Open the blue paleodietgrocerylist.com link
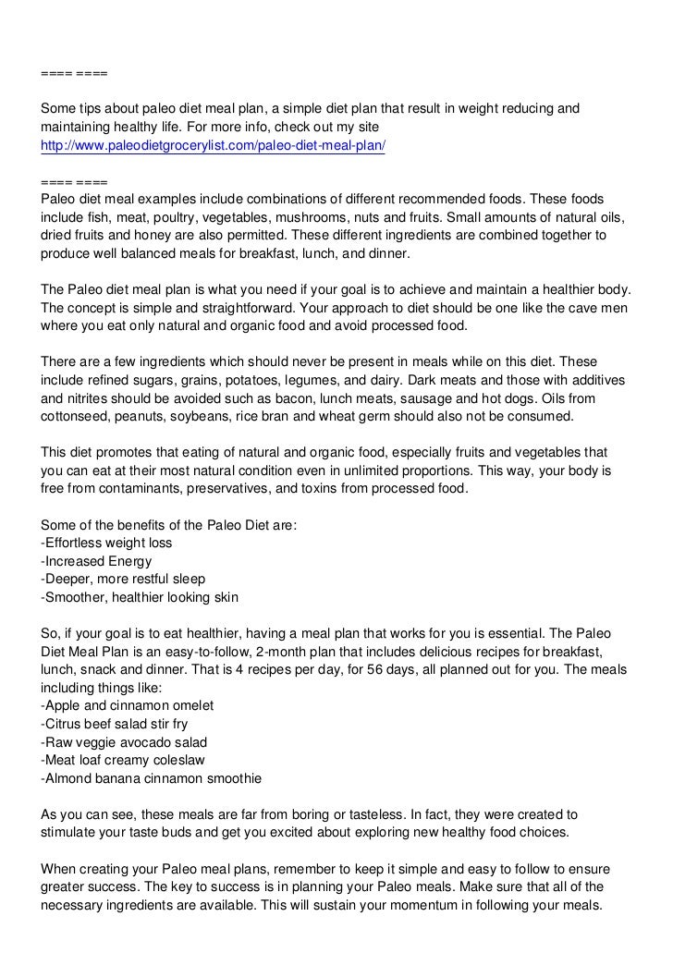tap(213, 147)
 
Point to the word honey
tap(145, 236)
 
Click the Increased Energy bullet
tap(97, 561)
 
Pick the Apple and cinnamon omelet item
tap(128, 705)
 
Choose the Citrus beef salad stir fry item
tap(115, 724)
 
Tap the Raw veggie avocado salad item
tap(124, 742)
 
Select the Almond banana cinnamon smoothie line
tap(152, 778)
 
